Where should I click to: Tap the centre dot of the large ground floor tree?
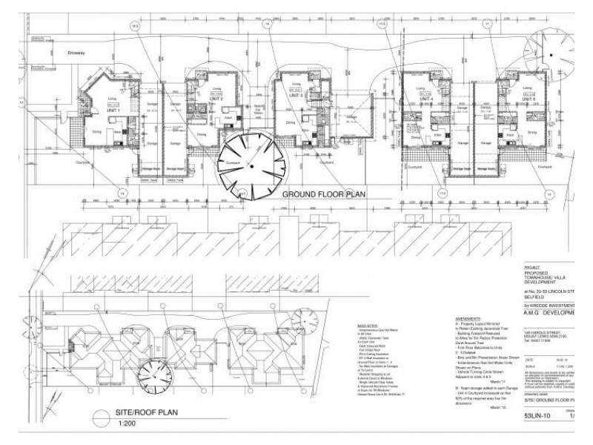tap(252, 167)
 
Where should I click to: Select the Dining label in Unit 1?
tap(97, 132)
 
